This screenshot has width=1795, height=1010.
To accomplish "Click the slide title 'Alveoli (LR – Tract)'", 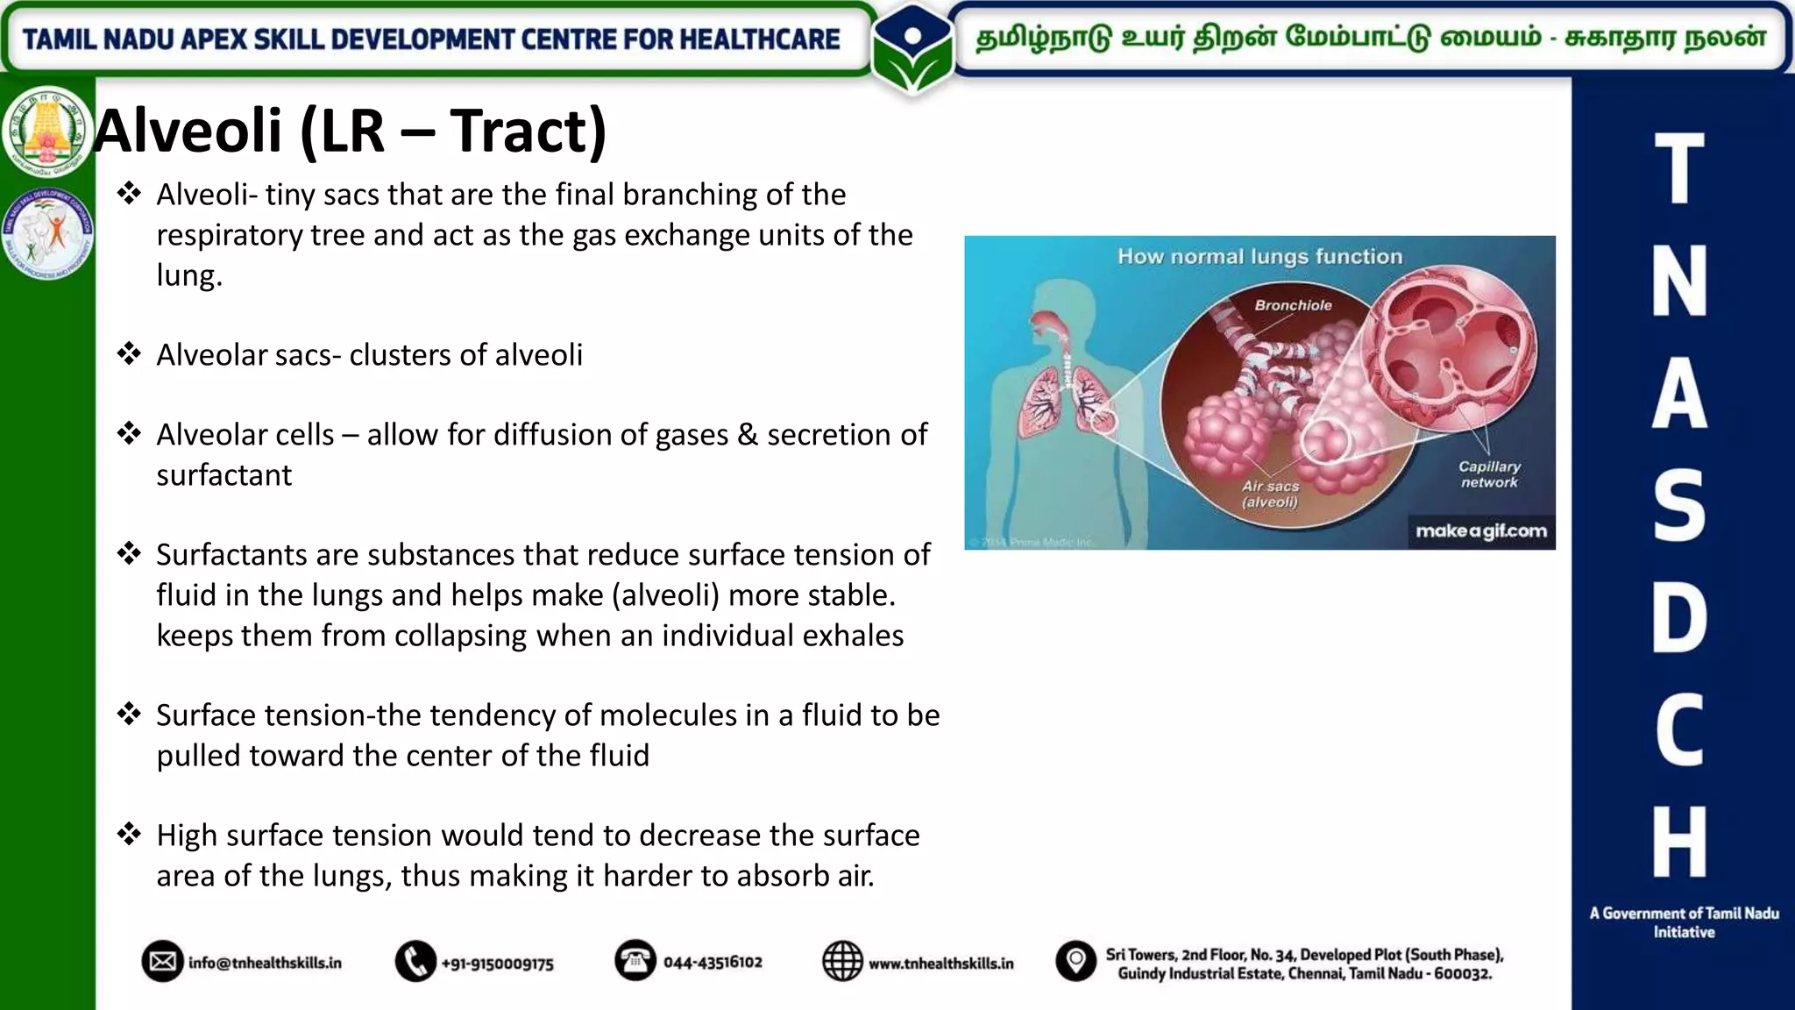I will pyautogui.click(x=351, y=132).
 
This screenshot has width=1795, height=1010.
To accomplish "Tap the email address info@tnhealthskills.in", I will pyautogui.click(x=265, y=963).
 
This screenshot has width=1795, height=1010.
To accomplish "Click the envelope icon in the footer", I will pyautogui.click(x=162, y=962).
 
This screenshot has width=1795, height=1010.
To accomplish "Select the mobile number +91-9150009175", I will pyautogui.click(x=497, y=964).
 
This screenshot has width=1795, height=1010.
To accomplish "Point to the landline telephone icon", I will pyautogui.click(x=635, y=961).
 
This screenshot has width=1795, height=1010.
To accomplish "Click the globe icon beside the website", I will pyautogui.click(x=842, y=962).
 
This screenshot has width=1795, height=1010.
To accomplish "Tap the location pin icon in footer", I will pyautogui.click(x=1075, y=962).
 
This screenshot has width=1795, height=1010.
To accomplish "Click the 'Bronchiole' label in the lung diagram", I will pyautogui.click(x=1293, y=305).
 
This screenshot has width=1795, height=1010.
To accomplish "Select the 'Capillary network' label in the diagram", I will pyautogui.click(x=1489, y=474).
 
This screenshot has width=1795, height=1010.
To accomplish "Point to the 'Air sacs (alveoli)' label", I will pyautogui.click(x=1270, y=494).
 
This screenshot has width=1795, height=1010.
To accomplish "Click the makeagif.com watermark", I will pyautogui.click(x=1481, y=531).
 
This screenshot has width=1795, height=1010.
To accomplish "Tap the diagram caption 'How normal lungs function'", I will pyautogui.click(x=1259, y=257).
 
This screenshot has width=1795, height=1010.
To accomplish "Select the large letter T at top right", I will pyautogui.click(x=1679, y=168).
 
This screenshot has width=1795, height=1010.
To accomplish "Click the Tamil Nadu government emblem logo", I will pyautogui.click(x=47, y=132).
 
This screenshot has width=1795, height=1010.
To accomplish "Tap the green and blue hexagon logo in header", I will pyautogui.click(x=912, y=48).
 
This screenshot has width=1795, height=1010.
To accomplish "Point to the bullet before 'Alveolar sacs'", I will pyautogui.click(x=130, y=354).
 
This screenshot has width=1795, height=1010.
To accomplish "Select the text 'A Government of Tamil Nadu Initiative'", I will pyautogui.click(x=1684, y=922).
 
